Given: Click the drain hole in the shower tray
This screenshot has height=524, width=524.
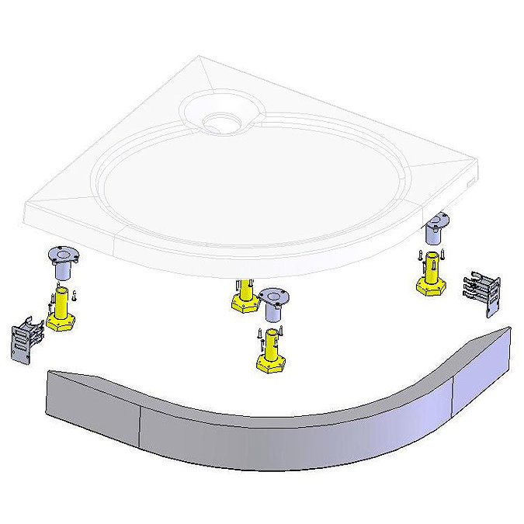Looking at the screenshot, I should tap(218, 121).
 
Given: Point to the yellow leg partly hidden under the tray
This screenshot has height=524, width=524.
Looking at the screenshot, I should tap(244, 294).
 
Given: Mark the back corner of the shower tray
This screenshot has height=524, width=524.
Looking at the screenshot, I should tap(202, 58).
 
